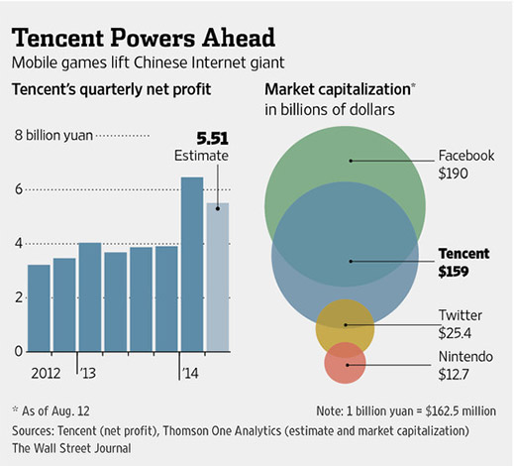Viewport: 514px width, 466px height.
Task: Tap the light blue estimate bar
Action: [216, 278]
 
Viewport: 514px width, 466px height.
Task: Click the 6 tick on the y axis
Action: [17, 189]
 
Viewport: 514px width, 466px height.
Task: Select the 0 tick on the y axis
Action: [17, 352]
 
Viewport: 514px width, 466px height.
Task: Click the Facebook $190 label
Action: [464, 166]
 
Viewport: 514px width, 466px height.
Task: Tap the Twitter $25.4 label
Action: [461, 323]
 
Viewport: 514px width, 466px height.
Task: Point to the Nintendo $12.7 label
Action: [463, 366]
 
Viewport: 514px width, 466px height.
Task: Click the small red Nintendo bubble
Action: [346, 363]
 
